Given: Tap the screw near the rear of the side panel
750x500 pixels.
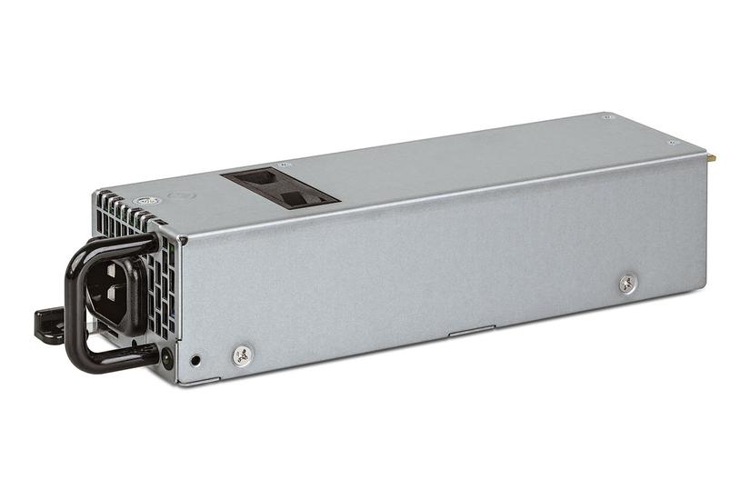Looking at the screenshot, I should [627, 284].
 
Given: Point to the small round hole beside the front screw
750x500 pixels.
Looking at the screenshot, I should [196, 359].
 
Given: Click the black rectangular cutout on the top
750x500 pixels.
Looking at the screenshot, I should [282, 185].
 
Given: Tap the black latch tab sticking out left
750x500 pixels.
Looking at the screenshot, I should [48, 324].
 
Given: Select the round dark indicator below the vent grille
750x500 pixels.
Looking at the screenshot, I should [166, 358].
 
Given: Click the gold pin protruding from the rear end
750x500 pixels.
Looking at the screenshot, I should [712, 157].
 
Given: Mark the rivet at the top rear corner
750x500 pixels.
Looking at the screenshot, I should [607, 117].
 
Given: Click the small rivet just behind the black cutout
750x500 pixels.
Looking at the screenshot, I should [285, 165].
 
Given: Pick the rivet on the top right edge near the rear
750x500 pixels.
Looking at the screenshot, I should [673, 143].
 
